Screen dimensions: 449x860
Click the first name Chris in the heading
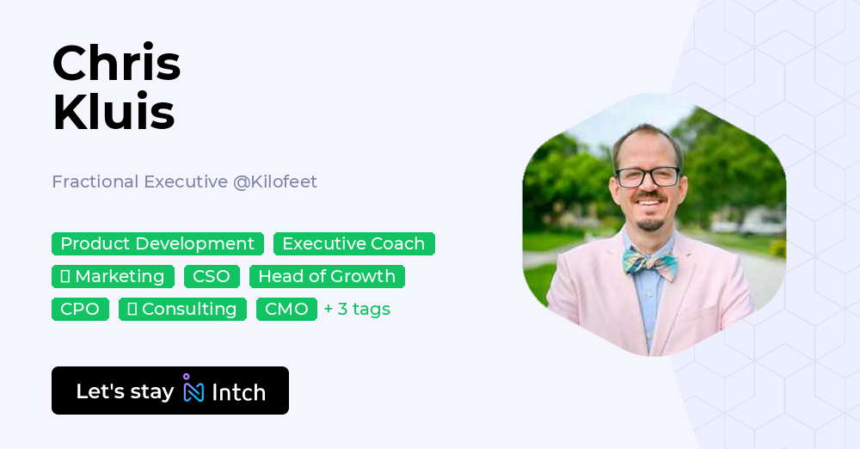(116, 64)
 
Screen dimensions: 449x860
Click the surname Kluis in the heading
(114, 113)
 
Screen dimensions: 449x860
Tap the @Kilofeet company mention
(274, 181)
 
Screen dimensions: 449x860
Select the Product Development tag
(157, 244)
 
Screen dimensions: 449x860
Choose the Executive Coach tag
(353, 244)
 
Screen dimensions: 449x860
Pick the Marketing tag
(113, 277)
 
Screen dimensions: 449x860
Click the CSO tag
(212, 277)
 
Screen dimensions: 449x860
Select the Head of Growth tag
(327, 277)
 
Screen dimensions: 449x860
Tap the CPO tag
(80, 310)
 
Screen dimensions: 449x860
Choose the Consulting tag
(182, 310)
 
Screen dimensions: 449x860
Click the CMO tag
(286, 310)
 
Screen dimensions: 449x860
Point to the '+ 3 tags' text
(357, 310)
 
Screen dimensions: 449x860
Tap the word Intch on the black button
(238, 392)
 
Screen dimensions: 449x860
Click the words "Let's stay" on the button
(125, 391)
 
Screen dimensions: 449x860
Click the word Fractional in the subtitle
(95, 181)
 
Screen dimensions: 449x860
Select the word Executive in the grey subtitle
(185, 181)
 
